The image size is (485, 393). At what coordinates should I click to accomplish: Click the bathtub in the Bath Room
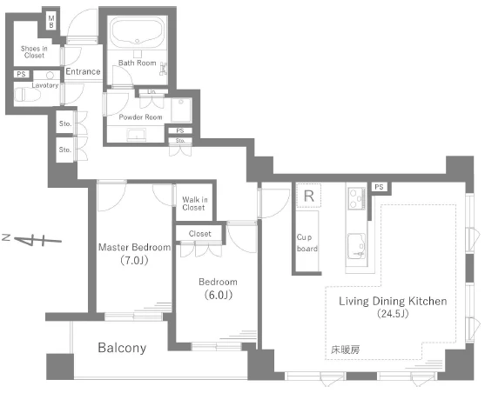(138, 32)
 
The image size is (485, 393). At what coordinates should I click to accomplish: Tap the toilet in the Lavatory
(27, 95)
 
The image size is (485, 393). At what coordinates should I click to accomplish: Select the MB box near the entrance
(51, 22)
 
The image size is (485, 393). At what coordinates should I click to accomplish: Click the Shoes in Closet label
(34, 52)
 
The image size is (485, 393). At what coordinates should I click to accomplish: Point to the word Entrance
(83, 71)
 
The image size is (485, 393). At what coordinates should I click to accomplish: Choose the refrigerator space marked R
(309, 196)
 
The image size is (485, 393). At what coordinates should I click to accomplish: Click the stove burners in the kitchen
(356, 198)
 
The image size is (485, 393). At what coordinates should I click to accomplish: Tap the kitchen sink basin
(357, 246)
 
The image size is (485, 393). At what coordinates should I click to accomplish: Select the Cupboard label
(306, 243)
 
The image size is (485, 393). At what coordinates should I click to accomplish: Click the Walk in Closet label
(194, 203)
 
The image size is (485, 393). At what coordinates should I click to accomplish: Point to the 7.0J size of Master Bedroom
(134, 261)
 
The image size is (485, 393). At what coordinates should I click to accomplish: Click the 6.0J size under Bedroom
(219, 295)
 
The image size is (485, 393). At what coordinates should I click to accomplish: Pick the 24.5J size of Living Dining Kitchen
(393, 314)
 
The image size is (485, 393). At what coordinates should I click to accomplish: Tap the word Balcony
(122, 348)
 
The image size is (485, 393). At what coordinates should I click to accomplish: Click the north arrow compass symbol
(32, 240)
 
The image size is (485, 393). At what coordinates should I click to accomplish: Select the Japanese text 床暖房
(345, 350)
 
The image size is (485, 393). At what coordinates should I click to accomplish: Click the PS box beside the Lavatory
(22, 74)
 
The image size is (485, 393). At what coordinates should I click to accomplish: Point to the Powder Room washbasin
(137, 135)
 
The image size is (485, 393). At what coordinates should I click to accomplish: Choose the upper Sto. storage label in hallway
(65, 123)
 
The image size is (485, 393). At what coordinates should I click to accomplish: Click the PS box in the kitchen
(379, 187)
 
